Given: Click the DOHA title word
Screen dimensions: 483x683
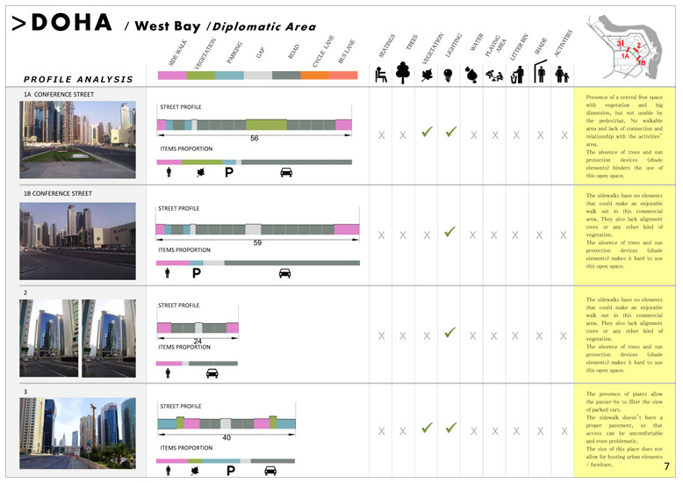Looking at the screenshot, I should click(70, 23).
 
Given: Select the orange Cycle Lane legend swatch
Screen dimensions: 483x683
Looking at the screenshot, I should click(314, 76).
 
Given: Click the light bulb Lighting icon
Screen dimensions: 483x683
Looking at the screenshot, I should click(448, 75).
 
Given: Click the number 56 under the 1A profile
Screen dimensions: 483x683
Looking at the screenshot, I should click(255, 138).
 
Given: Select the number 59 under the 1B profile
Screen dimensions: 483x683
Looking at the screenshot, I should click(257, 242).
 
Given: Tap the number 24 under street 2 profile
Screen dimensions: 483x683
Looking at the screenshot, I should click(198, 341).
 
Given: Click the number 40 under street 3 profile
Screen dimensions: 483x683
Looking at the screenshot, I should click(226, 436).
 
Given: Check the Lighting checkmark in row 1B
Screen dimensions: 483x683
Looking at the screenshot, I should click(449, 233).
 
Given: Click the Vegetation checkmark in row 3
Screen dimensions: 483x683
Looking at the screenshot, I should click(427, 429).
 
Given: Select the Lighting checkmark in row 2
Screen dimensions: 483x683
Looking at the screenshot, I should click(449, 334).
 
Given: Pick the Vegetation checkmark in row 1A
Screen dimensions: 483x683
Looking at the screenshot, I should click(427, 133).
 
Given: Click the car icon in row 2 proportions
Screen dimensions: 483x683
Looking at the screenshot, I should click(212, 373).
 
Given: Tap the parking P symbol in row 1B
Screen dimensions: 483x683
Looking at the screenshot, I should click(197, 273).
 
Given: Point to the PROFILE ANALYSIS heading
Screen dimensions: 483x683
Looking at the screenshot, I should click(79, 79).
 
